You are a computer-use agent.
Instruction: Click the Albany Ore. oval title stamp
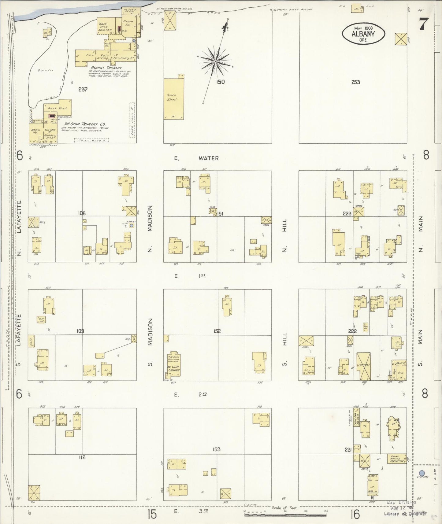point(363,34)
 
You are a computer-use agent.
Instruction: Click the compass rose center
point(216,61)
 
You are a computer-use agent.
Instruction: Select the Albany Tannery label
point(106,68)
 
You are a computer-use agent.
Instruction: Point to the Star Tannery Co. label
point(86,124)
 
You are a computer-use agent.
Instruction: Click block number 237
point(83,89)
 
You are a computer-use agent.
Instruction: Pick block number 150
point(220,82)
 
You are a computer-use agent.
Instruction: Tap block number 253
point(355,82)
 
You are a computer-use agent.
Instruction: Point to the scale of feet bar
point(285,515)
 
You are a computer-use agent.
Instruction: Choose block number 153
point(217,449)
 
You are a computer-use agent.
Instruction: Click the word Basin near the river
point(45,70)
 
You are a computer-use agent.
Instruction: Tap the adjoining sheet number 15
point(152,514)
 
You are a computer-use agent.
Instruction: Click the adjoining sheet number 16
point(355,514)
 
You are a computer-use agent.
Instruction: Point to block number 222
point(352,331)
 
